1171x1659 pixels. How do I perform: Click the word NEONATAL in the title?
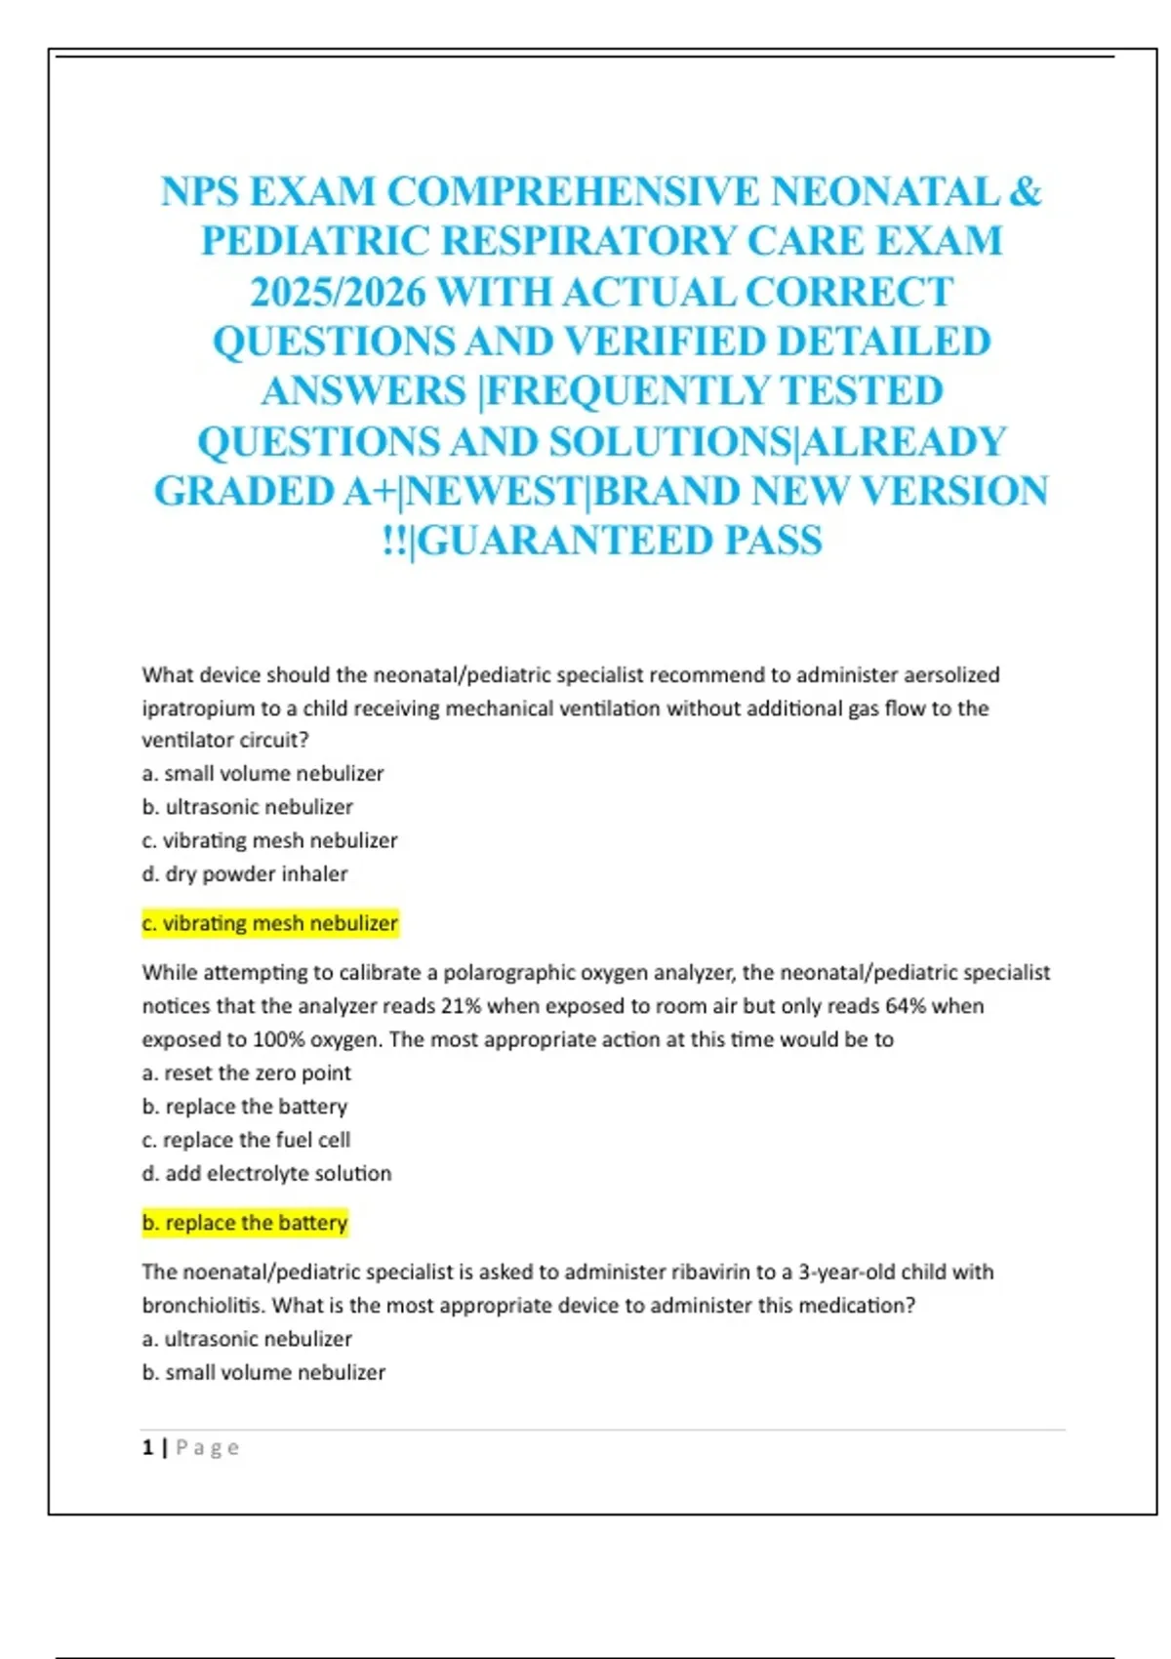click(884, 191)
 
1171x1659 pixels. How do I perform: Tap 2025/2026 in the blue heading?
click(337, 292)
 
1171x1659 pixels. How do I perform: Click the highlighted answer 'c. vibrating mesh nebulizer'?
click(269, 923)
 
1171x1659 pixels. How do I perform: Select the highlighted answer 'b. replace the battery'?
click(245, 1223)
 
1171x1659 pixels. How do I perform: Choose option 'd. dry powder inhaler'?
click(245, 873)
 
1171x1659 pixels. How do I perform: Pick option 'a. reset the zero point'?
click(246, 1072)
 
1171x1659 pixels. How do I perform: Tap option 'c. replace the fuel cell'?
click(246, 1140)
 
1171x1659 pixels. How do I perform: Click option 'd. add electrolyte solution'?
click(266, 1173)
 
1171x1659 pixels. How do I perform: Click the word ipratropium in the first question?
click(197, 708)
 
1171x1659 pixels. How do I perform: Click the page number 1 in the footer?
click(147, 1447)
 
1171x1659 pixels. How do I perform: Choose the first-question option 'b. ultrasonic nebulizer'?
click(248, 807)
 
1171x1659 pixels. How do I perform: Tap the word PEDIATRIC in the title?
click(315, 241)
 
